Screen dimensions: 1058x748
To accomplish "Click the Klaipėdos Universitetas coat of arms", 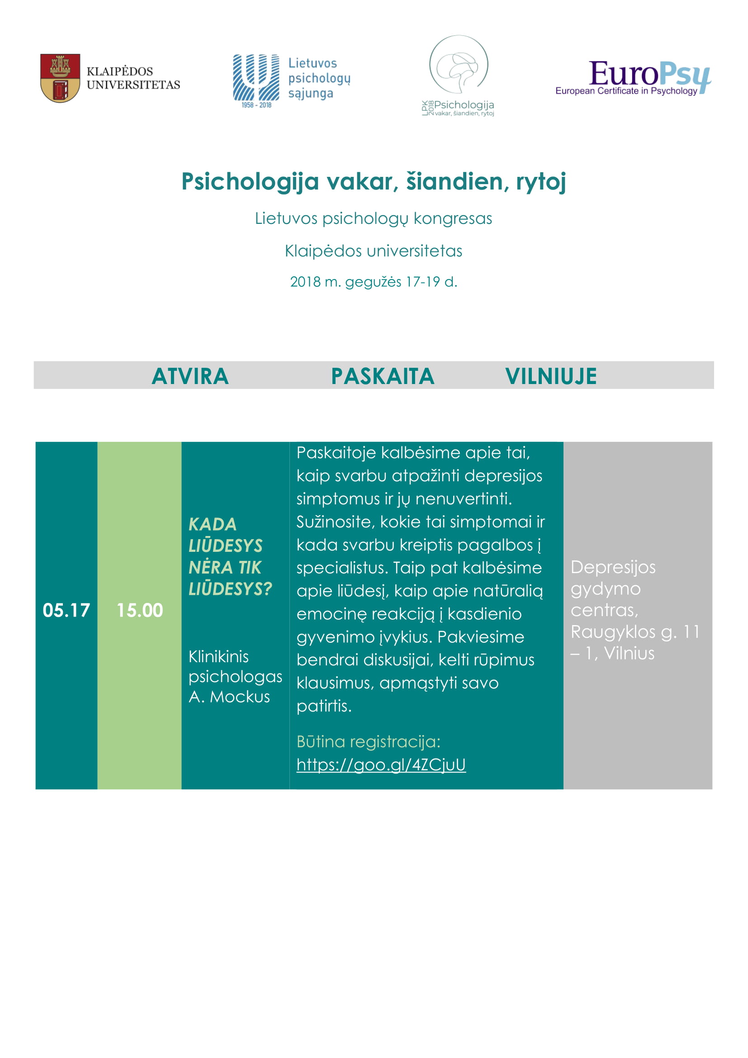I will click(x=60, y=78).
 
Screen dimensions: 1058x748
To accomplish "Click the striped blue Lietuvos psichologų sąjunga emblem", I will click(x=256, y=77).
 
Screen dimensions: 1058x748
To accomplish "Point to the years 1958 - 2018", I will click(x=256, y=105).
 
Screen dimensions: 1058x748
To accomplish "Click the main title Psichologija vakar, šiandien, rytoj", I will click(x=374, y=181).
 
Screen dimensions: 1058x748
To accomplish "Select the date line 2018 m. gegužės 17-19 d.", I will click(x=374, y=281).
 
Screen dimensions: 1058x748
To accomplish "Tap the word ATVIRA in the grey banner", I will click(x=190, y=376).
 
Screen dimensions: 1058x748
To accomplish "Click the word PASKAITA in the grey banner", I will click(x=383, y=376).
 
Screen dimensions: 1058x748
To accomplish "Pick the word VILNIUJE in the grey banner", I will click(x=551, y=376).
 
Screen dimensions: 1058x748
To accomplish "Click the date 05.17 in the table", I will click(x=66, y=610).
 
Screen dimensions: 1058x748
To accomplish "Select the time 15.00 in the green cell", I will click(x=140, y=610).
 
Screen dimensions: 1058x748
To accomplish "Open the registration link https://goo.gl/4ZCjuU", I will click(x=381, y=764).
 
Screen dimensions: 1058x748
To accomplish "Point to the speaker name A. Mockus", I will click(x=229, y=697).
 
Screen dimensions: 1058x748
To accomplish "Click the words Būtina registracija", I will click(x=369, y=741).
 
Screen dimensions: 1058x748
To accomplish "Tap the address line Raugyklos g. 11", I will click(x=634, y=632).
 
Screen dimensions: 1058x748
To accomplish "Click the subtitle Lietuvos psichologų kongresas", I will click(x=374, y=218).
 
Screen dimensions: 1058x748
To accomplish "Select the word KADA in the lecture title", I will click(x=213, y=524).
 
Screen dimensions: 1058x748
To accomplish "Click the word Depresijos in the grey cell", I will click(x=613, y=567).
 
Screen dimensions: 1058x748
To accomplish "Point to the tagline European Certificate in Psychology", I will click(x=626, y=91).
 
